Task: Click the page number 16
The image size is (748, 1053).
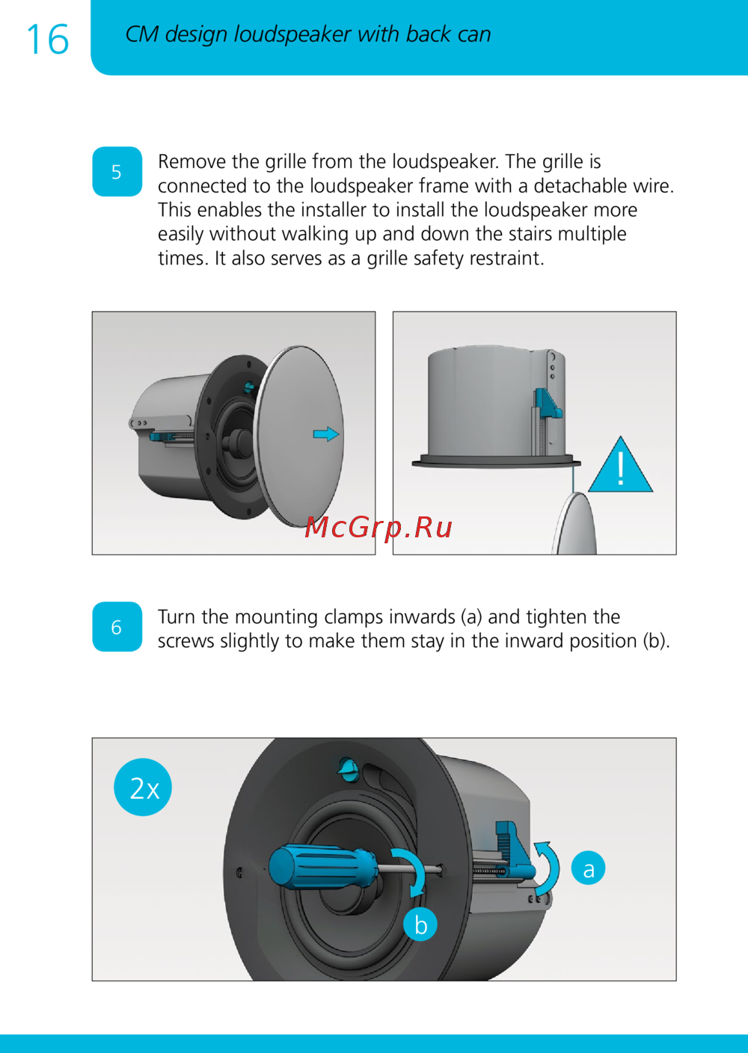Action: point(48,40)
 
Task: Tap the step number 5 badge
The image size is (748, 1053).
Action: point(117,172)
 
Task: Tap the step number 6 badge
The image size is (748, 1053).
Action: point(117,626)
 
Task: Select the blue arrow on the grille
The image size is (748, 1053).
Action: point(326,434)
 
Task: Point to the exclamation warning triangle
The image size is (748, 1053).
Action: point(621,465)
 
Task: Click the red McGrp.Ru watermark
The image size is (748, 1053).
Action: point(378,527)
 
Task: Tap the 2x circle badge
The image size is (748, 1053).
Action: point(143,787)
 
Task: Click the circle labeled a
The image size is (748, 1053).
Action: point(588,868)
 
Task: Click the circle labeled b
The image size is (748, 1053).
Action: point(420,924)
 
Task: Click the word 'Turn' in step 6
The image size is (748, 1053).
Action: point(177,617)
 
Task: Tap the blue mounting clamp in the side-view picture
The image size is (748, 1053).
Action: point(547,404)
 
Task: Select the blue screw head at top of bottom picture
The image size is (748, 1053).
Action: point(349,768)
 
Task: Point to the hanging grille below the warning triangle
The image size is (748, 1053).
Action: point(575,523)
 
